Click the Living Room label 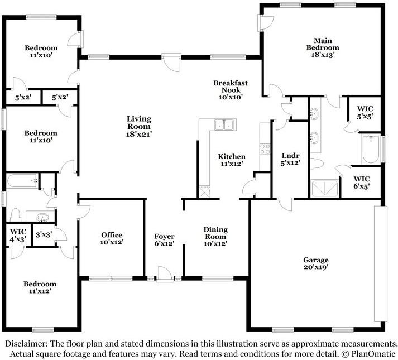point(139,126)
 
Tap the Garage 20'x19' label point(316,263)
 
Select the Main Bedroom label point(323,47)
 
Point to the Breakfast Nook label point(231,90)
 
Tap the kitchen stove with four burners point(265,149)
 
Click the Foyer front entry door point(165,274)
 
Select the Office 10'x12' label point(112,238)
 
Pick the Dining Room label point(215,237)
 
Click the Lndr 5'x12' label point(290,159)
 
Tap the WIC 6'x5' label point(362,183)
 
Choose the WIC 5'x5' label point(365,113)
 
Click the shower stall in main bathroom point(325,188)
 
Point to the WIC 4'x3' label point(18,236)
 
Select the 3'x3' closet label point(44,234)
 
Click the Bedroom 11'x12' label point(40,287)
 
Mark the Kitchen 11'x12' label point(232,160)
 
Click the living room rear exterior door point(171,62)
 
